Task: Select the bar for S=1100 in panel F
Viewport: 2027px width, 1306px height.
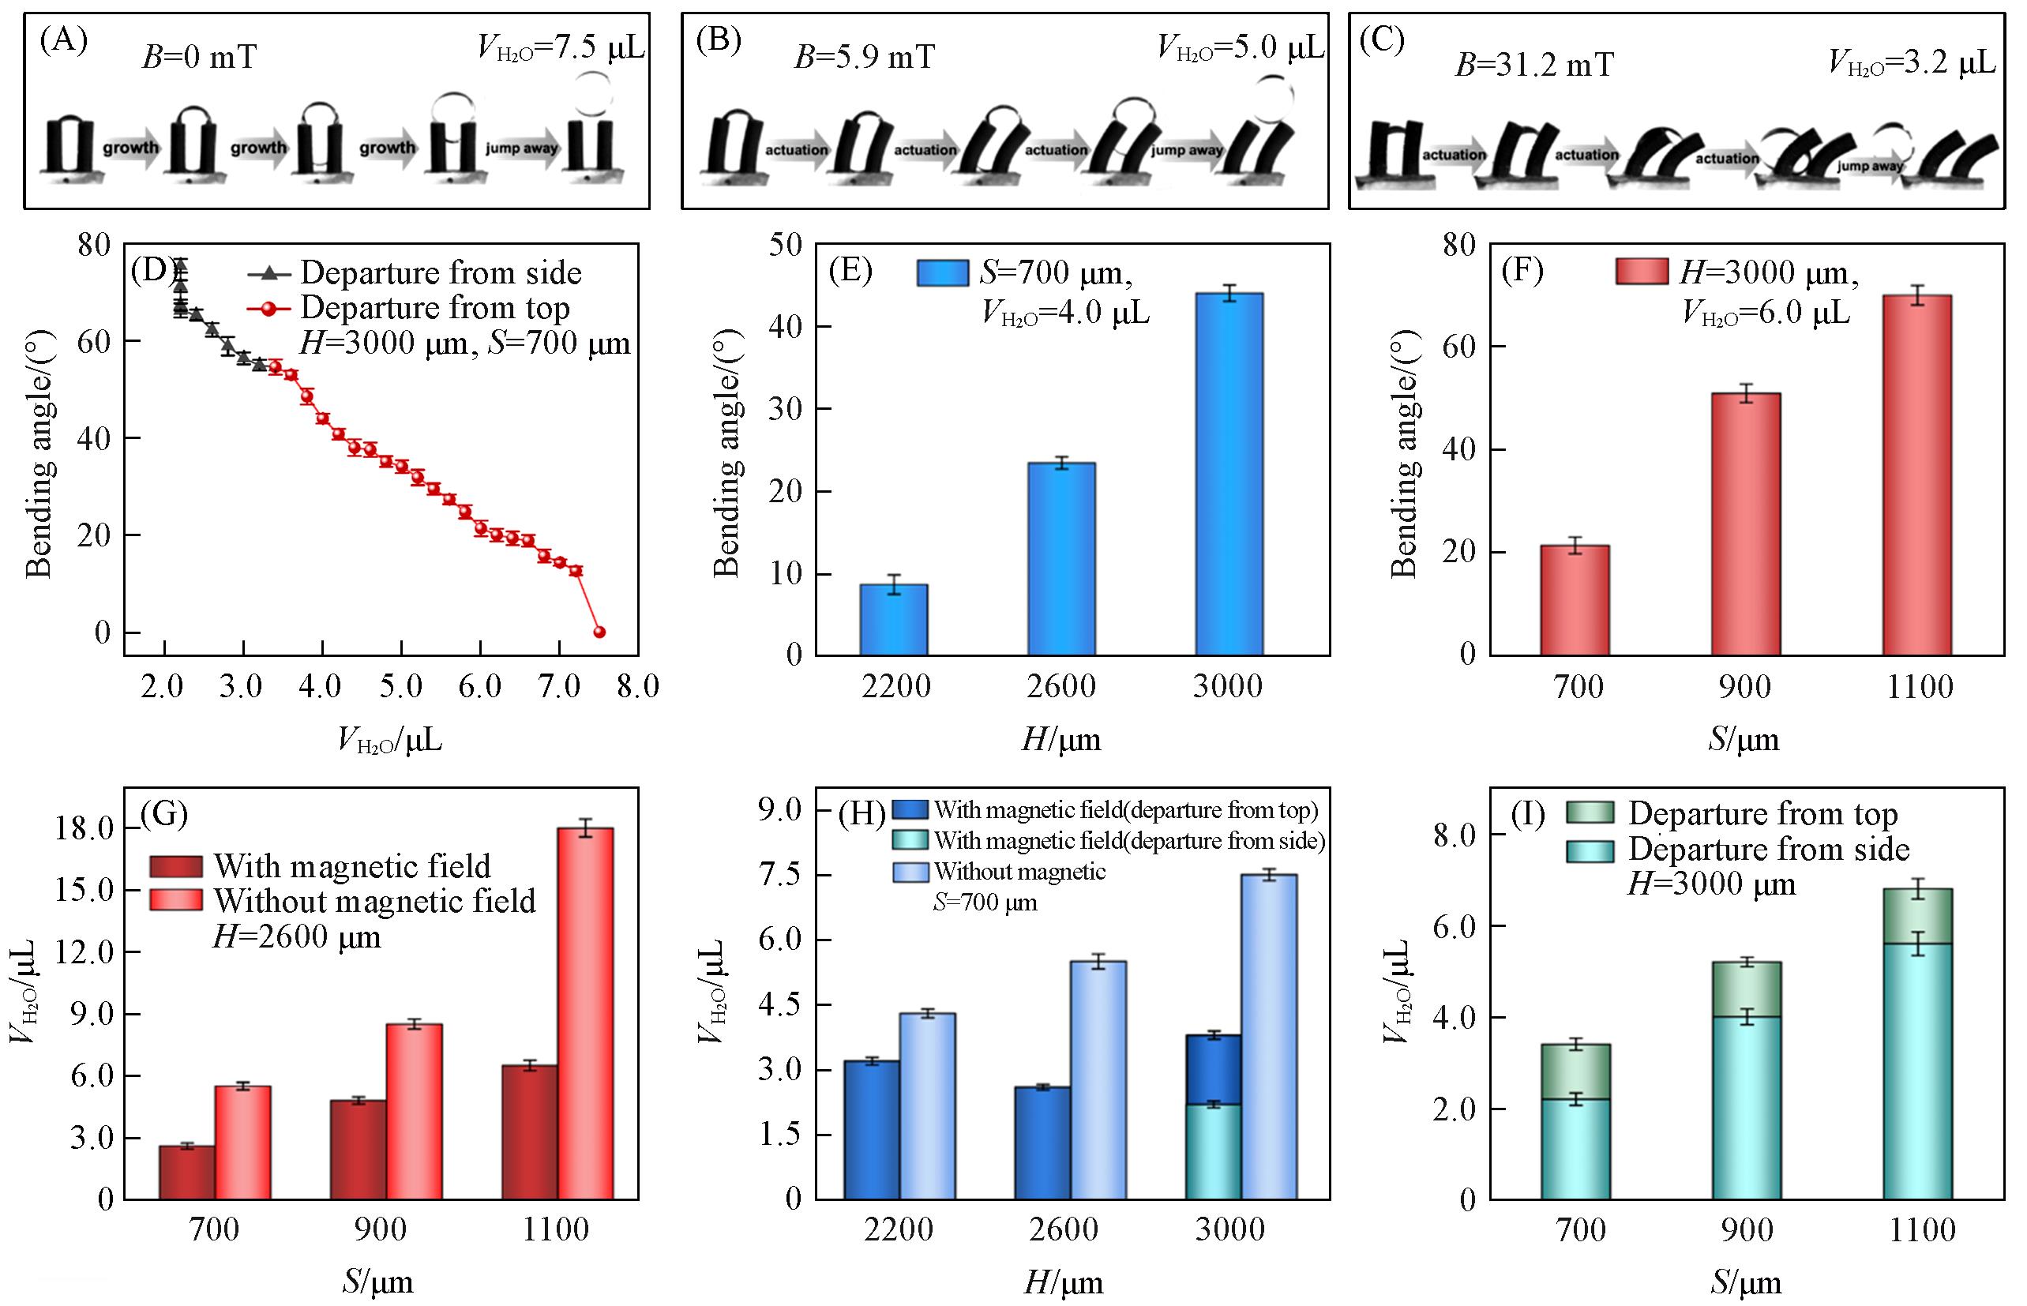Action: pos(1916,475)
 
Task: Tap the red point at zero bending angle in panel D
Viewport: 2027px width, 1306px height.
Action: pos(599,632)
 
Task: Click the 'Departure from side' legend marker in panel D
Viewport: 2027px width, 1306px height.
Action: pos(268,273)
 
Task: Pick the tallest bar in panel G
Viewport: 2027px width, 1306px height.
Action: pos(585,1013)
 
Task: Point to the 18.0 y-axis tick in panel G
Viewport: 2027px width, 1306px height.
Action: pos(84,828)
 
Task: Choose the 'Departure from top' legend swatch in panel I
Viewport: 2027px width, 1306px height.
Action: pos(1590,813)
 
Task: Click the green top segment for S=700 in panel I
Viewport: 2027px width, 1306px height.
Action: pos(1575,1072)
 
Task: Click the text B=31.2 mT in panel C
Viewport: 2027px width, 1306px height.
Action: pos(1533,66)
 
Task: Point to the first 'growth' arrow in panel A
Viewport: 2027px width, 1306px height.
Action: pos(130,148)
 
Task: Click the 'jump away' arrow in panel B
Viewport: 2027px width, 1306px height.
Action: pos(1187,150)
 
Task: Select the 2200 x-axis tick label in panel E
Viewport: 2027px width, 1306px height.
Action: pos(895,686)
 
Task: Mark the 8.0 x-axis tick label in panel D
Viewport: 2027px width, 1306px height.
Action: pos(638,686)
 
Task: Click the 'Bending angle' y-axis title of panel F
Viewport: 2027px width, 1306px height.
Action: pos(1405,454)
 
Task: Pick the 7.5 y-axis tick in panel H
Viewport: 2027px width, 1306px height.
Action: pos(779,875)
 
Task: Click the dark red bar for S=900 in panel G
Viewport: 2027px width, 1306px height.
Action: pos(358,1149)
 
